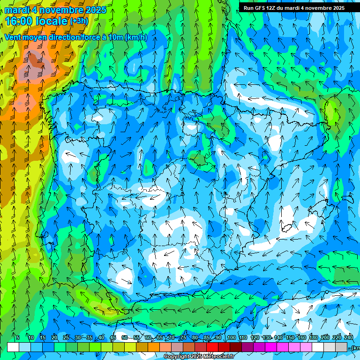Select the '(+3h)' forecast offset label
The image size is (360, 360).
(x=79, y=21)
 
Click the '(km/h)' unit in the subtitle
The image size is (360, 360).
(x=136, y=37)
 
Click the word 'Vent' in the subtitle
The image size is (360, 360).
(x=14, y=37)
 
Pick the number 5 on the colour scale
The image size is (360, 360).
(x=18, y=337)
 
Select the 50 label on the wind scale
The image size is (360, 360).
(x=124, y=337)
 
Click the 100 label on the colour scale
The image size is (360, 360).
(x=231, y=337)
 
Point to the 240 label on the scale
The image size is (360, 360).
(x=348, y=337)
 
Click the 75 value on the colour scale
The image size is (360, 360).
(x=183, y=337)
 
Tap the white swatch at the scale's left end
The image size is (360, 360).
(x=13, y=347)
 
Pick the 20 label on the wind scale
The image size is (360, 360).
(x=54, y=337)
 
